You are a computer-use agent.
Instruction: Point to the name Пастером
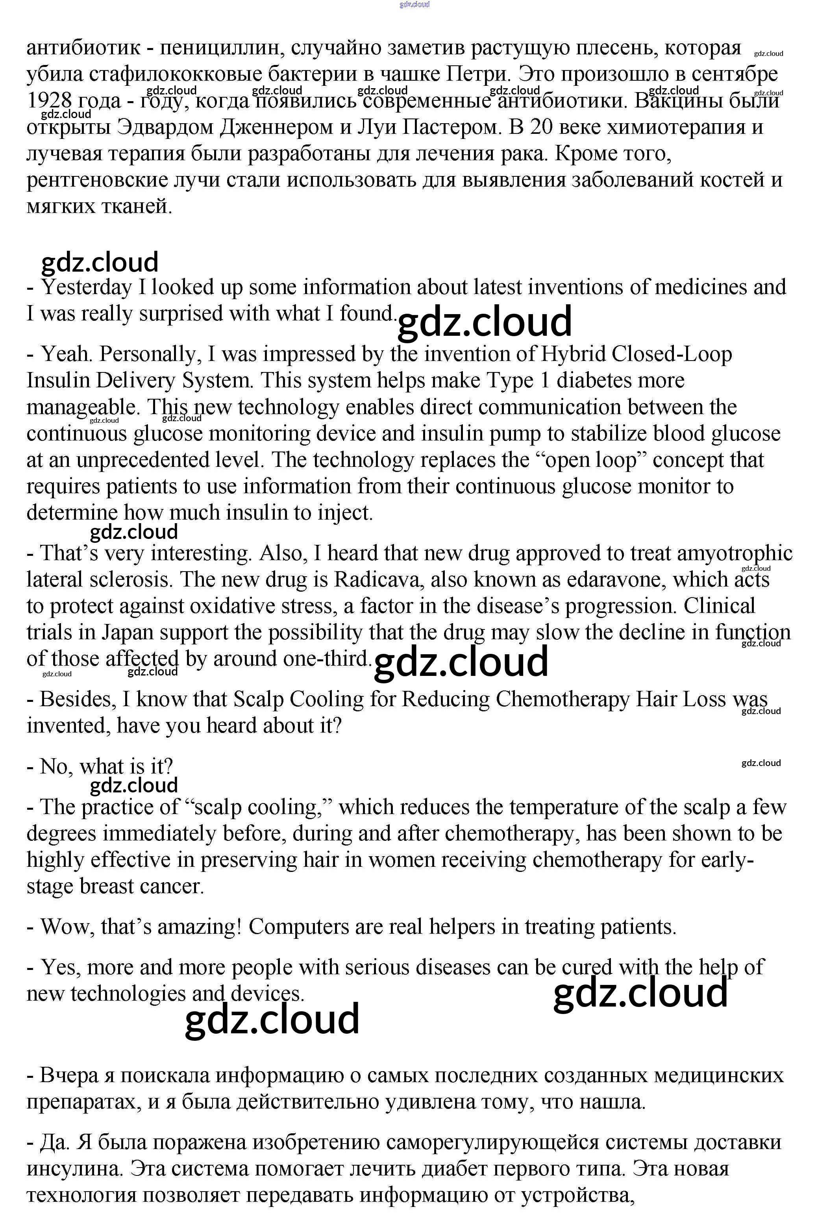point(454,127)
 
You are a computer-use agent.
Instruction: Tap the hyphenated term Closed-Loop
point(672,354)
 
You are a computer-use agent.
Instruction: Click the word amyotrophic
point(734,554)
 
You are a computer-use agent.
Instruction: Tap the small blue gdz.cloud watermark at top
point(414,5)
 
